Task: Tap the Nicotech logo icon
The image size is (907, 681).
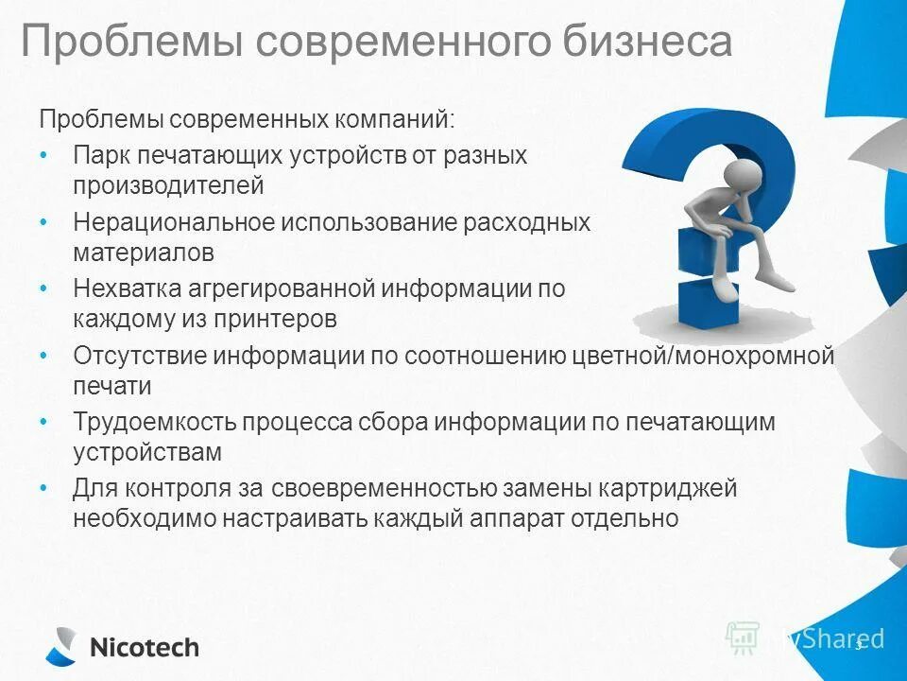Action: pos(61,646)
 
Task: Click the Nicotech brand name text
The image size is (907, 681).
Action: pos(144,648)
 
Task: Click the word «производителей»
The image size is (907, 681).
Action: pos(168,185)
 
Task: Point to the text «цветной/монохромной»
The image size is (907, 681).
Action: pos(704,356)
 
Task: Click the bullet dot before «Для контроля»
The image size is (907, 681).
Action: pos(45,489)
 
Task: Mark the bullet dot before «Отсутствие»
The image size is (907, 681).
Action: pos(45,356)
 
